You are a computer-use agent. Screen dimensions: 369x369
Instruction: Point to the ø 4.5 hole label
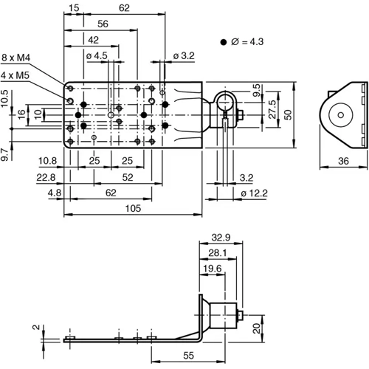[x=97, y=55]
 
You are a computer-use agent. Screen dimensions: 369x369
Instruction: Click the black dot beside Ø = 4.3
[x=223, y=43]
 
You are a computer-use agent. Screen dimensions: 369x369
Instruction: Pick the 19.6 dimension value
[x=212, y=269]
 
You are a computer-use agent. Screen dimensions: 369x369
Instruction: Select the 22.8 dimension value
[x=46, y=177]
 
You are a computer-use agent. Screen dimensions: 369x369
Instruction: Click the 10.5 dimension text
[x=5, y=98]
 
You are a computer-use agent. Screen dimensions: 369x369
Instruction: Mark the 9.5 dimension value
[x=256, y=92]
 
